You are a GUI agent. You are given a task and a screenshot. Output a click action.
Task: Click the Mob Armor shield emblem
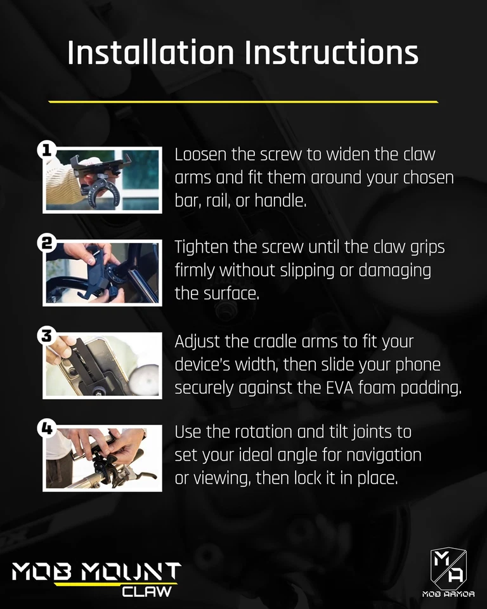click(449, 567)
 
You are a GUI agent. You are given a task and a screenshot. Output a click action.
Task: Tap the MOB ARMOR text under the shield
click(449, 594)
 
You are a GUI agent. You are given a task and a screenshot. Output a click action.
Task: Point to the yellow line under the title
click(243, 101)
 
